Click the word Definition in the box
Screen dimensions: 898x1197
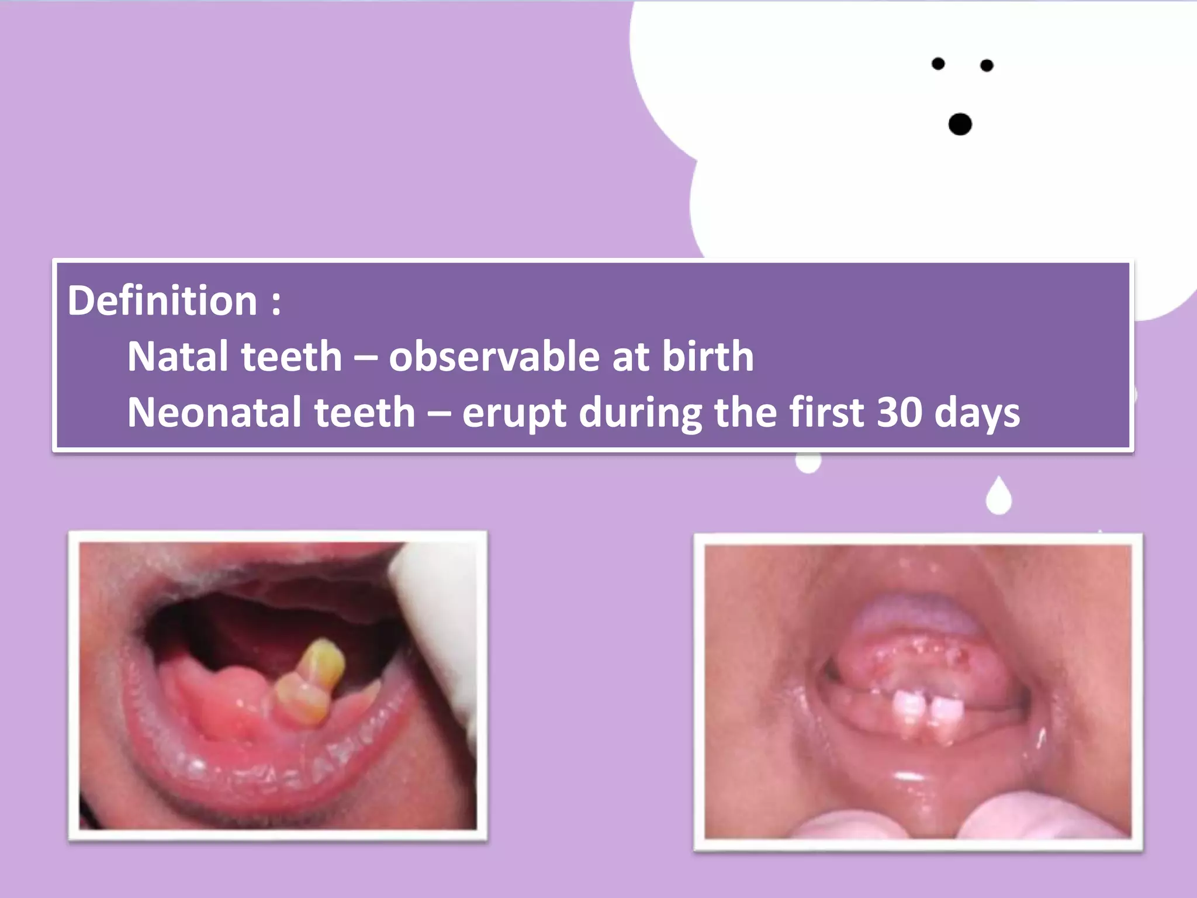[162, 301]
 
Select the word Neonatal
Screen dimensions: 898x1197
[213, 412]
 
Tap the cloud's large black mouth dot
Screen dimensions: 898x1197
[960, 125]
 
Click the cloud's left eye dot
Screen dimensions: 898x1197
[938, 64]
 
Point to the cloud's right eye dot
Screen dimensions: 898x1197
[987, 65]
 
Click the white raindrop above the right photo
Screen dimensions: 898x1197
[999, 496]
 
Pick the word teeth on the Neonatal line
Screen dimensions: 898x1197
[365, 412]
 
